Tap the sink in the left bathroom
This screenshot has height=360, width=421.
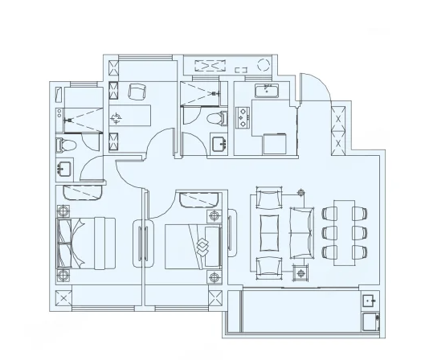[64, 169]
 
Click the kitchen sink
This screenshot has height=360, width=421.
[266, 90]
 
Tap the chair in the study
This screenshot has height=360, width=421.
[137, 91]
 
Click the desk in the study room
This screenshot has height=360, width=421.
[133, 114]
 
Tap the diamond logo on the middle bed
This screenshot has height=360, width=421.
[202, 245]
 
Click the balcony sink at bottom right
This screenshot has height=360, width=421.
[369, 303]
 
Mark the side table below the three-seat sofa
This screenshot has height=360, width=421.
[301, 272]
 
